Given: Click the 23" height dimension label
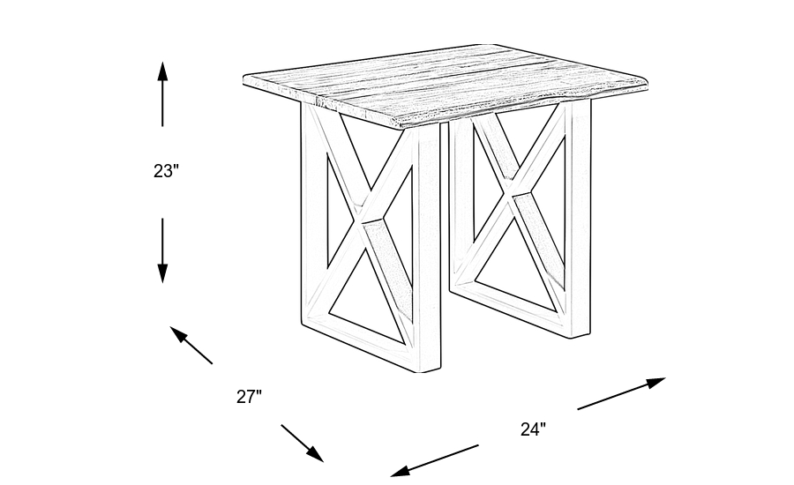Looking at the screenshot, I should click(x=166, y=171).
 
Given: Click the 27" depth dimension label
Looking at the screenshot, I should click(x=249, y=397).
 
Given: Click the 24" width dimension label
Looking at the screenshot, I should click(x=533, y=429).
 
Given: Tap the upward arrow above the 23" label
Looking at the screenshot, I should click(x=162, y=93).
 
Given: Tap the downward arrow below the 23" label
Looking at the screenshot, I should click(x=162, y=250).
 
